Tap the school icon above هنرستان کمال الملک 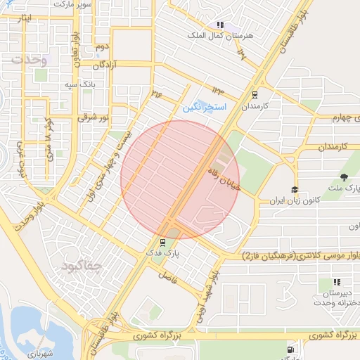click(x=220, y=25)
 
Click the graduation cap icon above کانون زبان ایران click(x=295, y=191)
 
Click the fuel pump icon click(x=291, y=350)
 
